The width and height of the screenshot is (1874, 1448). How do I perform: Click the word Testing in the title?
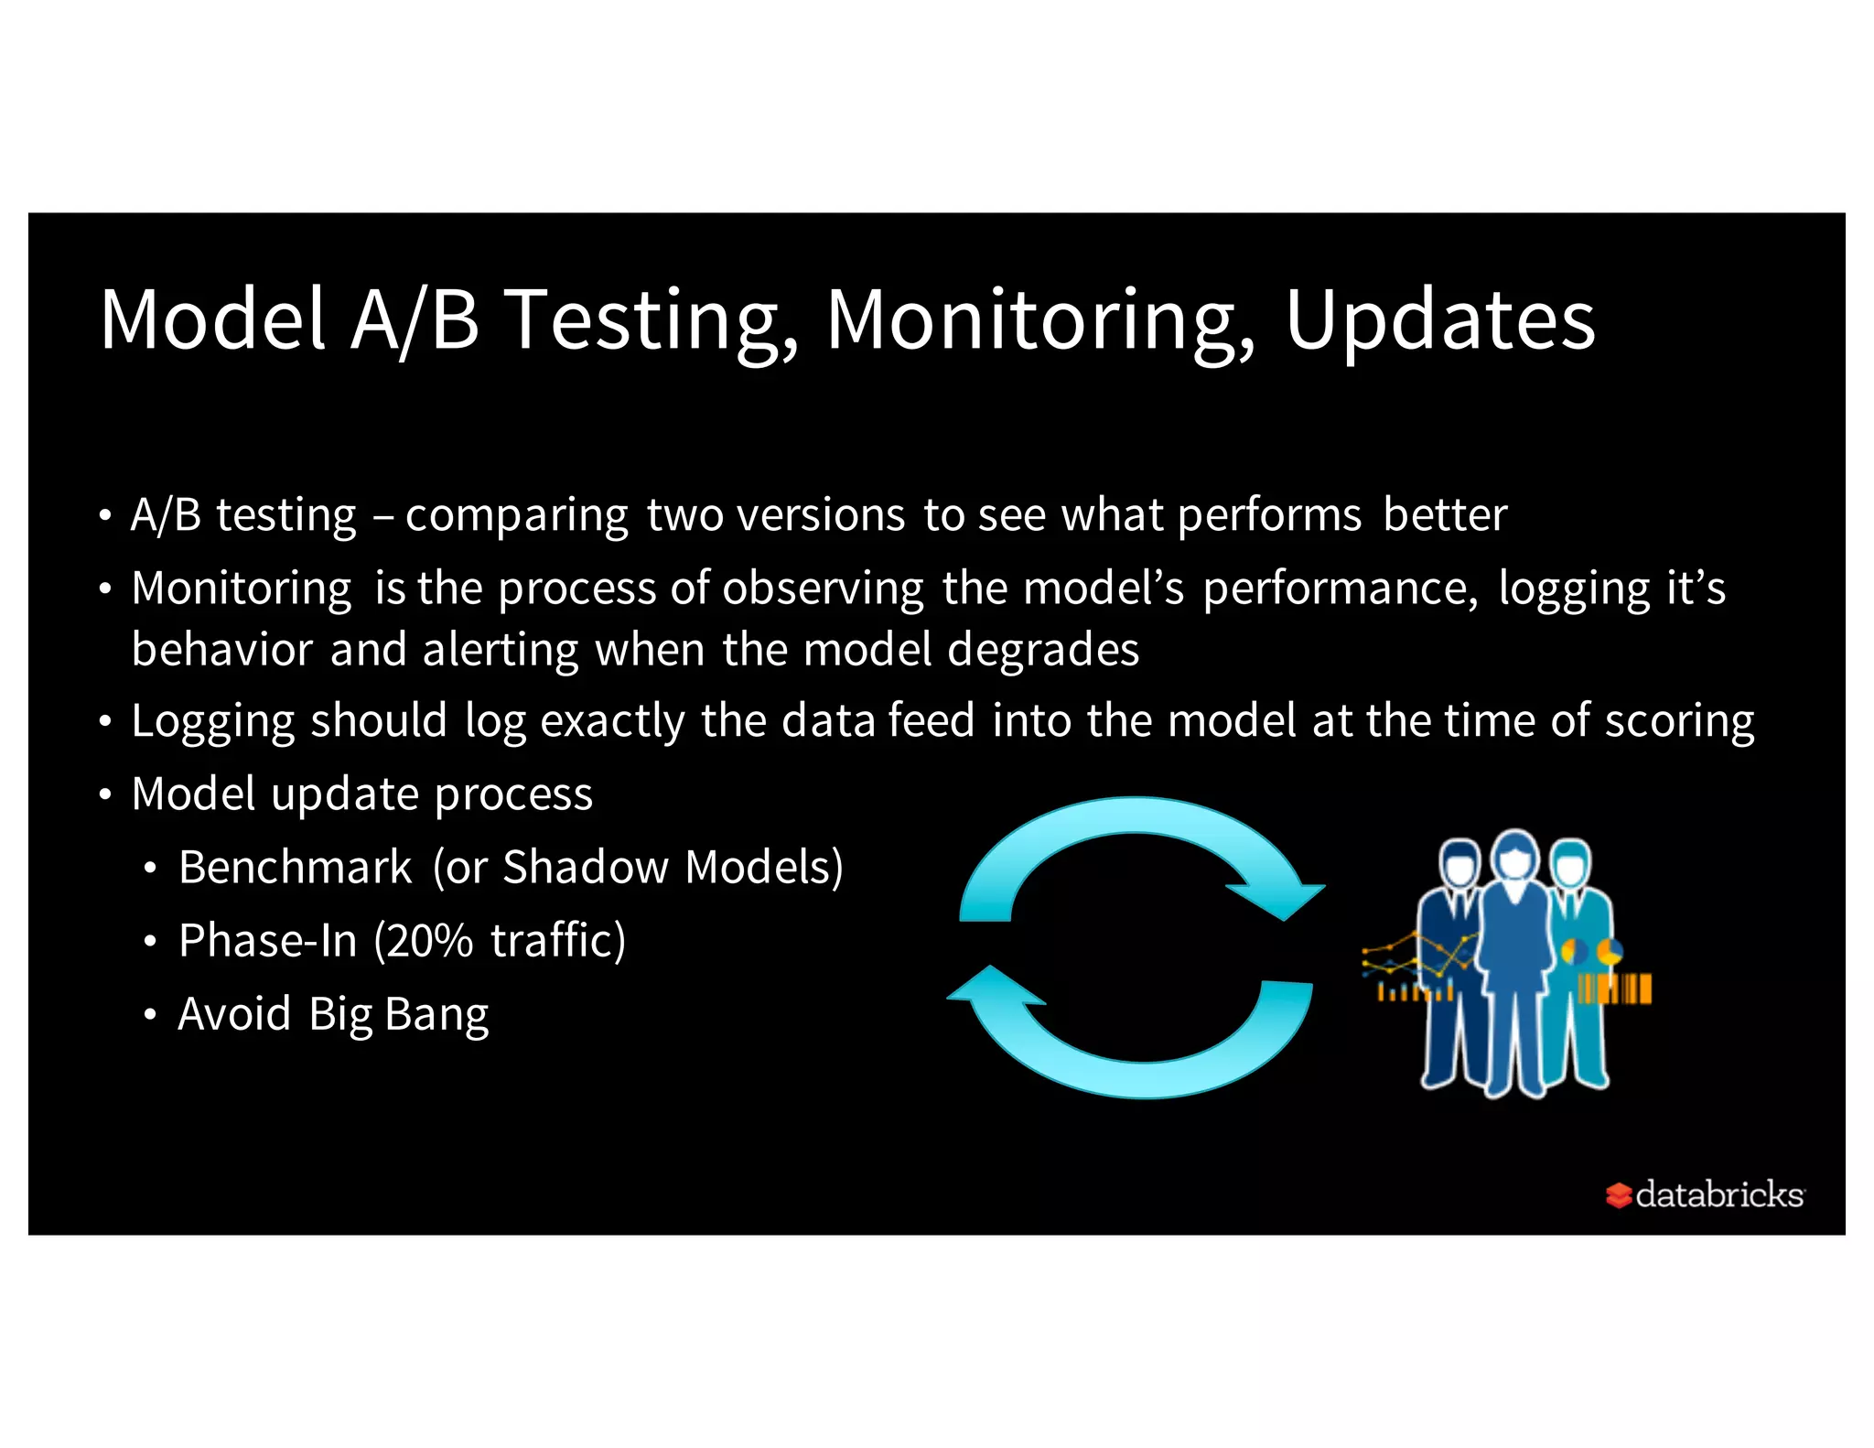(x=652, y=320)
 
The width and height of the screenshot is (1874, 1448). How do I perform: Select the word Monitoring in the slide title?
(x=1041, y=320)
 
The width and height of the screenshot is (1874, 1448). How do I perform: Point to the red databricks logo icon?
(x=1618, y=1194)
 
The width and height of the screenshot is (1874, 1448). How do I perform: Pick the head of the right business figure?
(x=1571, y=862)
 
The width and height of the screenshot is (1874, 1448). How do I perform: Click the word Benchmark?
(x=295, y=867)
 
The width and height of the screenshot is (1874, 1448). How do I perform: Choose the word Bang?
(x=436, y=1014)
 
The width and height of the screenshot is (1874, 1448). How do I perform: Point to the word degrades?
(x=1042, y=650)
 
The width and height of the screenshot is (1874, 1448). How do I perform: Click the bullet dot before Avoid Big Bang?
(x=150, y=1014)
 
